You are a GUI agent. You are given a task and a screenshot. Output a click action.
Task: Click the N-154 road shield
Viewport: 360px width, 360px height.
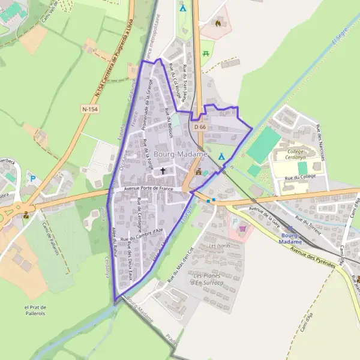click(89, 109)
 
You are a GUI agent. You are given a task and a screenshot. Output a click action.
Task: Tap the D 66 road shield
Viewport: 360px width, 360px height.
click(200, 127)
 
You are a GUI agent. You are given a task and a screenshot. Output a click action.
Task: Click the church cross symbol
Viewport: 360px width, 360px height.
click(163, 171)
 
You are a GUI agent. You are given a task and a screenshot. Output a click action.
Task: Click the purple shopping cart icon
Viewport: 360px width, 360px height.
click(242, 228)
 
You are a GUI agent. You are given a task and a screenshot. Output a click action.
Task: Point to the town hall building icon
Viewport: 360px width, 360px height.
click(199, 172)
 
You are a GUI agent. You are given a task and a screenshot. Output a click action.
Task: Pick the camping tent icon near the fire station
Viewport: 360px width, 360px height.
click(183, 8)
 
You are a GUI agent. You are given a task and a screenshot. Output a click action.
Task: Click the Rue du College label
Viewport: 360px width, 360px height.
click(299, 178)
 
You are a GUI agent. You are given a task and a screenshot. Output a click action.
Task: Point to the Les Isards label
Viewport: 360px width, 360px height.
click(218, 246)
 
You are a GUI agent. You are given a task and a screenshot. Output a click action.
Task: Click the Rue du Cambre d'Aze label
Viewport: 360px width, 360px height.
click(142, 235)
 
